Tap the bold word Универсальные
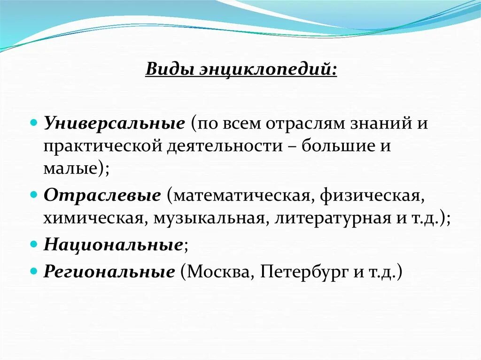tap(114, 124)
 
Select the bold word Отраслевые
tap(102, 196)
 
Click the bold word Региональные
tap(109, 272)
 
